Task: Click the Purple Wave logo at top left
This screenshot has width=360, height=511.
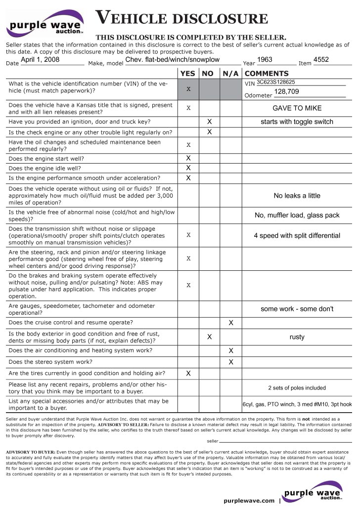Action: [x=45, y=24]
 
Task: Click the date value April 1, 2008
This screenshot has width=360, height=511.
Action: [x=40, y=60]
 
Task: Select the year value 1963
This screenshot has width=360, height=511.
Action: [x=265, y=60]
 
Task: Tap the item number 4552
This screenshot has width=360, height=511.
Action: [x=321, y=60]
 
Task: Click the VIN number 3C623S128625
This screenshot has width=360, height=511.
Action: [x=276, y=82]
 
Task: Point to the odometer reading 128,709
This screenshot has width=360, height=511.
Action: [x=287, y=92]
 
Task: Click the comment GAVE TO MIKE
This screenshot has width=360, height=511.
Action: [x=297, y=108]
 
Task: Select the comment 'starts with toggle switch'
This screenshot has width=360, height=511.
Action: [x=297, y=122]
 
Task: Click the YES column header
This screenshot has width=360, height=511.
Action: [x=188, y=73]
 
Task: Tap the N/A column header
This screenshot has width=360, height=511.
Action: [x=230, y=73]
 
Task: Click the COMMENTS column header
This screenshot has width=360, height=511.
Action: [x=267, y=73]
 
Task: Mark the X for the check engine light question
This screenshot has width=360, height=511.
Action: [x=209, y=132]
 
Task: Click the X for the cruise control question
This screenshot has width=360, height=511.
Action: [x=230, y=323]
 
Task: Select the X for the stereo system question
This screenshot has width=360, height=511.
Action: [x=230, y=362]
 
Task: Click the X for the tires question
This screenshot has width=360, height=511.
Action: [x=188, y=374]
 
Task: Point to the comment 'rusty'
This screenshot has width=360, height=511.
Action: [x=297, y=337]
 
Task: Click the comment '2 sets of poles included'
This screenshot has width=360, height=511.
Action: [x=297, y=388]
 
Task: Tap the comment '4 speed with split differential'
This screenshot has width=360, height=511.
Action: [x=297, y=236]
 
